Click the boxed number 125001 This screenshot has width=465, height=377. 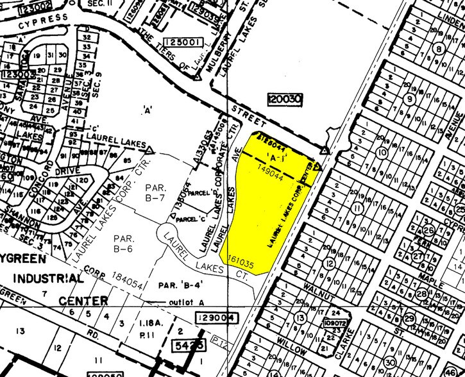(183, 42)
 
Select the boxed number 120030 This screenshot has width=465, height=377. (285, 99)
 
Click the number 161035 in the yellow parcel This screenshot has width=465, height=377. (238, 264)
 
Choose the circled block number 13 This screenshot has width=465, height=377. (300, 318)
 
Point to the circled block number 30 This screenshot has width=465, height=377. (390, 363)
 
